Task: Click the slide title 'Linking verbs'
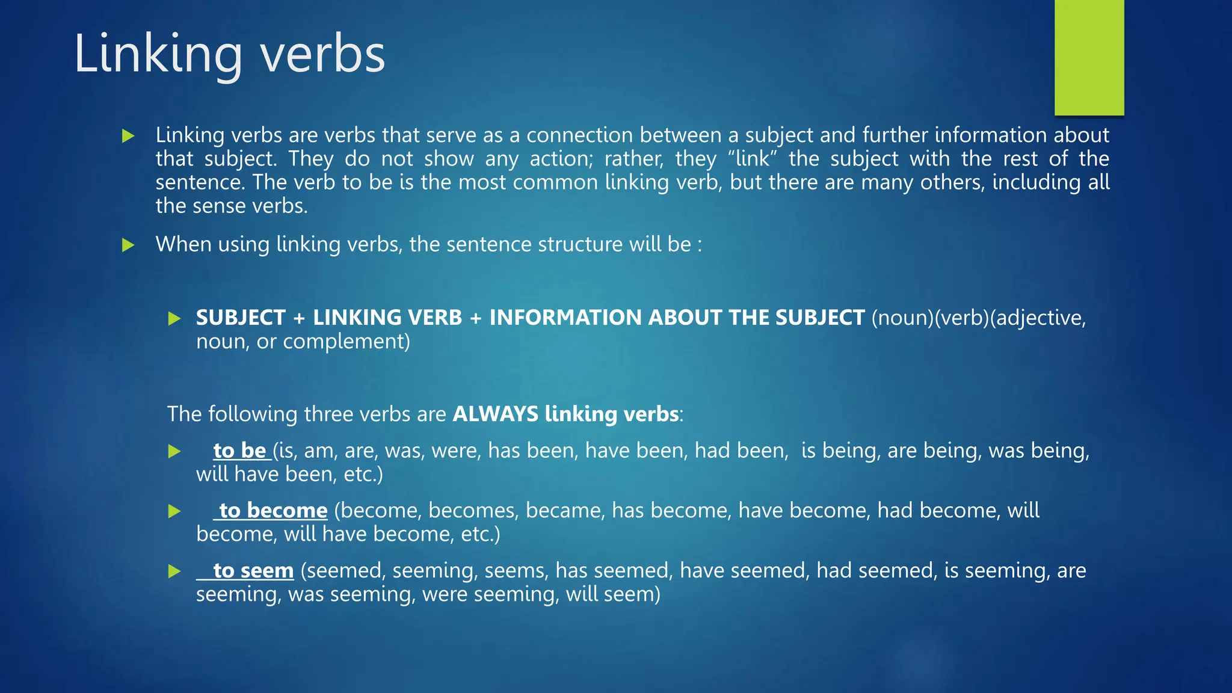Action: tap(229, 54)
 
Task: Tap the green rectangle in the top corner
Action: tap(1089, 57)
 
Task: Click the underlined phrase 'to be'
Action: tap(239, 451)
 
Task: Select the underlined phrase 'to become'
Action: tap(273, 511)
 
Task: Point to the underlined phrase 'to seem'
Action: tap(253, 570)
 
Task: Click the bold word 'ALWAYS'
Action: tap(495, 414)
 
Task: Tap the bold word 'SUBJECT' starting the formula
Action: tap(241, 318)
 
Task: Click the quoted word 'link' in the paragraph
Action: tap(752, 159)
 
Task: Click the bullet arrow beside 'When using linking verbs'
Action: tap(128, 245)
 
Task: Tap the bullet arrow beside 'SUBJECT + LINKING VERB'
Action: tap(174, 318)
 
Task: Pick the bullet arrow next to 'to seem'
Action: tap(174, 571)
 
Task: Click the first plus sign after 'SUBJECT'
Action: tap(299, 318)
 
